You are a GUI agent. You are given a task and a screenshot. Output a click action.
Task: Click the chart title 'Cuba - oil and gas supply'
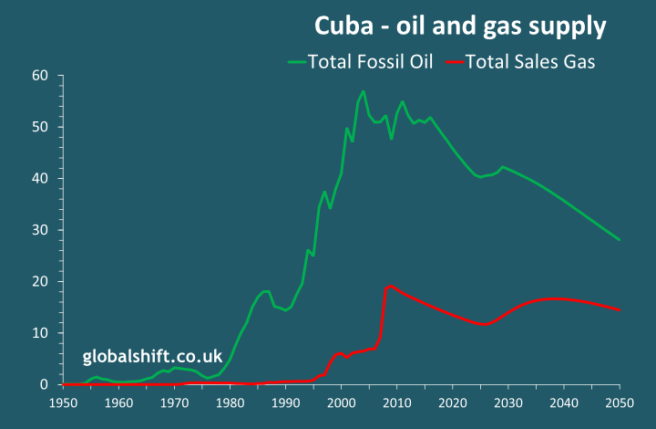tap(460, 26)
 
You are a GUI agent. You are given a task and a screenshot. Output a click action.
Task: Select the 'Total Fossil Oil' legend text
tap(370, 62)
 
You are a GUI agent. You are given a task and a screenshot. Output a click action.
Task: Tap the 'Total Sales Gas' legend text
tap(530, 62)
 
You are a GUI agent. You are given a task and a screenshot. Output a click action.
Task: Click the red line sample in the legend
tap(453, 62)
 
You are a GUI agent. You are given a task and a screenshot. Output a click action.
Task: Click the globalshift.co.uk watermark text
tap(151, 355)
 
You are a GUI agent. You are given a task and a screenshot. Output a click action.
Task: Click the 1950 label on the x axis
tap(63, 402)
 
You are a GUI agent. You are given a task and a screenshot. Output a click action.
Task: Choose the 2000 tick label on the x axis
tap(342, 402)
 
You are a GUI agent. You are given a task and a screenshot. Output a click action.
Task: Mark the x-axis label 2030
tap(508, 402)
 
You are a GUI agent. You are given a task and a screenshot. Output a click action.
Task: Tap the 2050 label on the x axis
tap(620, 402)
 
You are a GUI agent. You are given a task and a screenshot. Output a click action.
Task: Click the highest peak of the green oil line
tap(364, 91)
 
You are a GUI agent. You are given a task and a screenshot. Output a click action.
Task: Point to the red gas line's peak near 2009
tap(391, 286)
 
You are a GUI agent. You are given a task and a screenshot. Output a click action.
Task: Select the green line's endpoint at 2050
tap(620, 240)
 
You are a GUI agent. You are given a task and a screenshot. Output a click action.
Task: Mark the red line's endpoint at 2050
tap(620, 310)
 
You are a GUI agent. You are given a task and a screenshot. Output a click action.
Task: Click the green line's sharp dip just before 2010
tap(391, 139)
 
